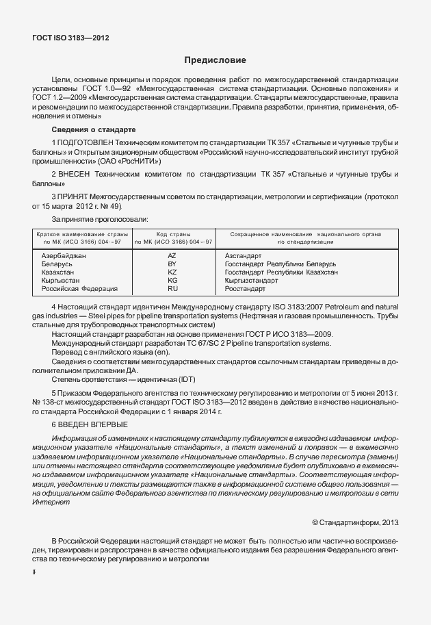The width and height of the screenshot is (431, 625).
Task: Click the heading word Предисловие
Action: click(x=215, y=60)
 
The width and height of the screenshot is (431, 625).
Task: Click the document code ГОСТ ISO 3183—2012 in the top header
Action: click(x=70, y=38)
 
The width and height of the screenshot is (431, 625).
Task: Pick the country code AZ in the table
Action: click(x=172, y=255)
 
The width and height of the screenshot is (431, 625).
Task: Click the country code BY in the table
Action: click(x=172, y=264)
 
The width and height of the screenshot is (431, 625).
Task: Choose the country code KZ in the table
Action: click(x=172, y=272)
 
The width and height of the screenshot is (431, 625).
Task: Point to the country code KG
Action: click(x=172, y=280)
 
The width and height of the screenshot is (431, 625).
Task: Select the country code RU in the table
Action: click(x=172, y=288)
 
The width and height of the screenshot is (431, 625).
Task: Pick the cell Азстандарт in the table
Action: click(x=244, y=255)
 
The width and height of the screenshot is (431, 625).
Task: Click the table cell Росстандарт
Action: click(x=246, y=288)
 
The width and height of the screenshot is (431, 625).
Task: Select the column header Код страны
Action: click(x=172, y=234)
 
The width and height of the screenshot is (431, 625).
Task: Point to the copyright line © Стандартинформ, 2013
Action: click(x=354, y=522)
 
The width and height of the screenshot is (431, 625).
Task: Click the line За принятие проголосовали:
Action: click(x=100, y=219)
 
